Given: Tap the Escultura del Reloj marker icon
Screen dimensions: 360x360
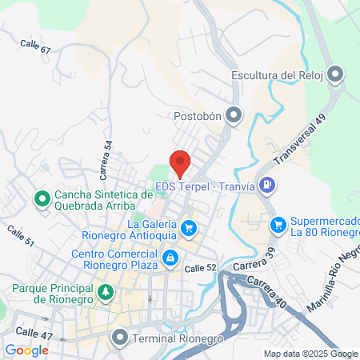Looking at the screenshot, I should [335, 75].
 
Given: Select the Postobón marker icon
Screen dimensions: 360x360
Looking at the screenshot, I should [234, 116].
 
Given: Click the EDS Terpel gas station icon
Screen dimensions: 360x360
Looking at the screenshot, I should [268, 186].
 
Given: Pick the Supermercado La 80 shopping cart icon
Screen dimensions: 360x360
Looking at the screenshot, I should [278, 225].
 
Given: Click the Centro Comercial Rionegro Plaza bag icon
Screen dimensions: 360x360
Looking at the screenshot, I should [170, 258].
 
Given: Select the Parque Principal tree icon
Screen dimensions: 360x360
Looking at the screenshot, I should [105, 292].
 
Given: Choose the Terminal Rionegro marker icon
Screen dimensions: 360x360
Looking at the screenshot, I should [120, 337].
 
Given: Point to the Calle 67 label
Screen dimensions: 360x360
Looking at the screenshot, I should [35, 47].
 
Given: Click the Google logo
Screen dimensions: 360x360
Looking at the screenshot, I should [26, 350].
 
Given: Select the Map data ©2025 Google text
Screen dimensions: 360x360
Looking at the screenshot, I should [311, 354].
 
